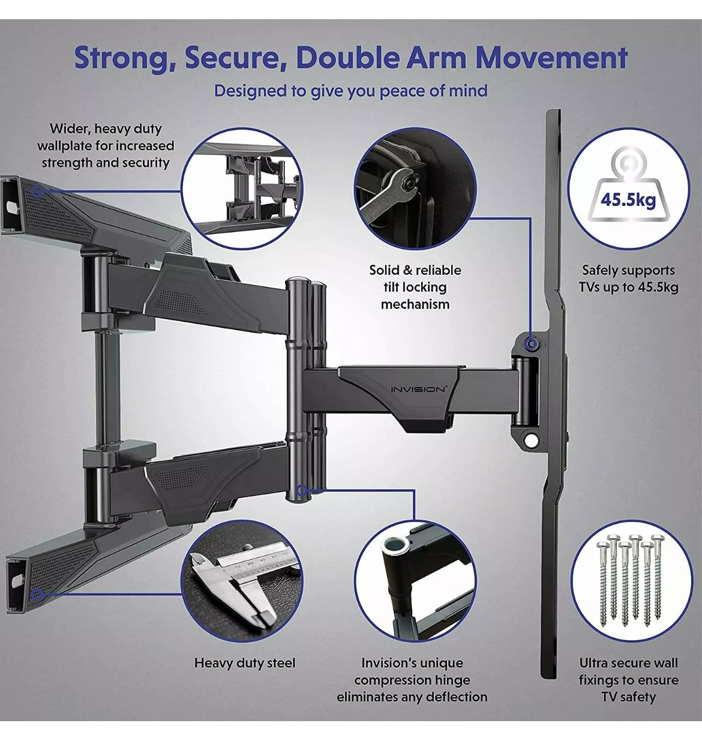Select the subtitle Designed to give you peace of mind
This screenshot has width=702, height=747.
pos(350,91)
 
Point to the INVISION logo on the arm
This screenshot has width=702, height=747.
pos(418,389)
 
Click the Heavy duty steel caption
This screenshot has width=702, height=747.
pos(245,663)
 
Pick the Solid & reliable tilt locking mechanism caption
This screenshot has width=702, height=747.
pos(415,287)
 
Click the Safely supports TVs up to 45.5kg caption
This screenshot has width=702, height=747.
pos(628,278)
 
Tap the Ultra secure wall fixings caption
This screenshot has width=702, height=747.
pos(628,680)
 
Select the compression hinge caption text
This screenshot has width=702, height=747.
pos(412,680)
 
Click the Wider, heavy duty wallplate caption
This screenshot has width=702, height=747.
pos(106,145)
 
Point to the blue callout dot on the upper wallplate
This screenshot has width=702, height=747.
pos(37,191)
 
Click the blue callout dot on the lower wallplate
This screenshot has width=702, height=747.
pos(37,595)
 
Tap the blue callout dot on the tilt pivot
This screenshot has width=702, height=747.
pos(530,343)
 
